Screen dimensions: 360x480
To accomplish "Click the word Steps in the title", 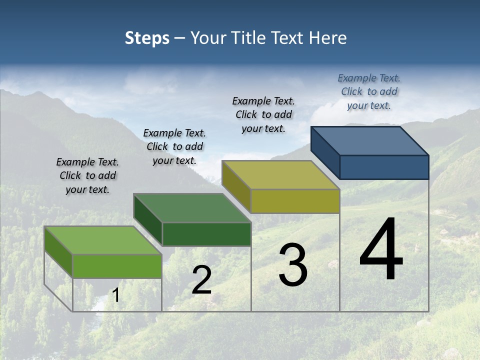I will click(147, 38).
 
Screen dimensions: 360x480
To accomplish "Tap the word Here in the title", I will click(328, 38).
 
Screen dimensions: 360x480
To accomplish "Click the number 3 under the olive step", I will click(293, 265).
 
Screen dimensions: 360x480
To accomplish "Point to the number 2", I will click(201, 280).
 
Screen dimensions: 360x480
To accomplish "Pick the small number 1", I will click(116, 295).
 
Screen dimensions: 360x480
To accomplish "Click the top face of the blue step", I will click(370, 140).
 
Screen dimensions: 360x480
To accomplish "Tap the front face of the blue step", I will click(384, 167).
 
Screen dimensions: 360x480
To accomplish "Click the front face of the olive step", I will click(295, 201).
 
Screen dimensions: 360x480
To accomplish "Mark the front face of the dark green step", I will click(206, 234).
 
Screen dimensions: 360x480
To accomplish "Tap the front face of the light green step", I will click(117, 266).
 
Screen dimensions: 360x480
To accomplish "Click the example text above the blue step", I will click(369, 91).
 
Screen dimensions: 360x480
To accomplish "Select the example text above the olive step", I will click(263, 114).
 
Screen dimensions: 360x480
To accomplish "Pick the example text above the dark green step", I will click(174, 146).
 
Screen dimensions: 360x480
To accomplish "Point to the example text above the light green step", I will click(87, 175).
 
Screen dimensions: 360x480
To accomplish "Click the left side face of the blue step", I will click(325, 152).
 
